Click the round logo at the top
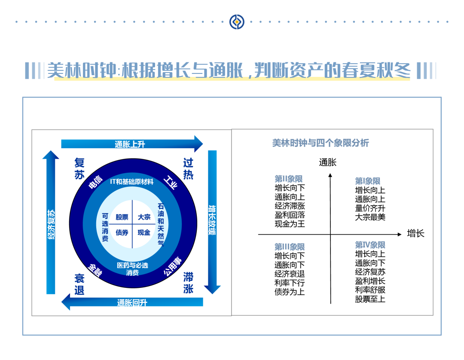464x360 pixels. [x=237, y=21]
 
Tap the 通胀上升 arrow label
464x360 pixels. [x=130, y=144]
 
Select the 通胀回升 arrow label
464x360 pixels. [x=132, y=302]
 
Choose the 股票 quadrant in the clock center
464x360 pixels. [x=122, y=217]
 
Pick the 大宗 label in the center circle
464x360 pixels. [x=144, y=217]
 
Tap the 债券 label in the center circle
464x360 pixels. [x=122, y=232]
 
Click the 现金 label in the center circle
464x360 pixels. [x=144, y=232]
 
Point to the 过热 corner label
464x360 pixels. [x=188, y=169]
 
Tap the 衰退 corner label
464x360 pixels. [x=79, y=285]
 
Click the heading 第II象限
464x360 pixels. [x=289, y=179]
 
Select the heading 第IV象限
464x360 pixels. [x=370, y=245]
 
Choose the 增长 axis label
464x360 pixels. [x=415, y=234]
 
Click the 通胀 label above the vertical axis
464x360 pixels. [x=328, y=162]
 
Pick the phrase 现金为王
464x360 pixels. [x=290, y=224]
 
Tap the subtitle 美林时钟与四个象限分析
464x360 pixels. [x=321, y=143]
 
